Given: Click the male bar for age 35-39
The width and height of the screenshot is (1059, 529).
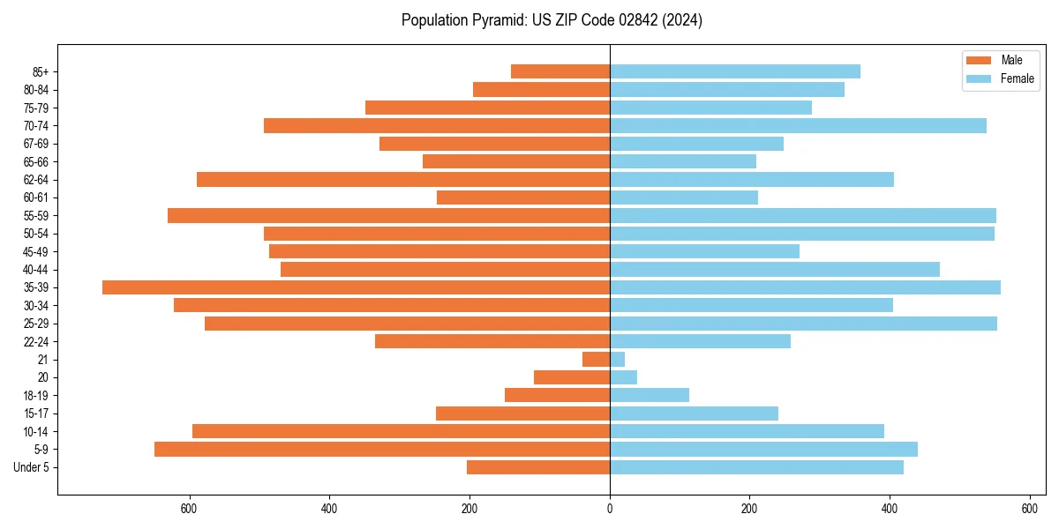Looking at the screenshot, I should coord(356,287).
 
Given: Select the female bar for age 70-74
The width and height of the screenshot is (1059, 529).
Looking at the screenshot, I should coord(798,125).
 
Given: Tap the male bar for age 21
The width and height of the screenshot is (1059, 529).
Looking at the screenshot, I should coord(596,359).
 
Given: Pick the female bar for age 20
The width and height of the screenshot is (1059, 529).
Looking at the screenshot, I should coord(623,377).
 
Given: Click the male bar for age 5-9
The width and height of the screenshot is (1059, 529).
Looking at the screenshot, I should coord(382,449).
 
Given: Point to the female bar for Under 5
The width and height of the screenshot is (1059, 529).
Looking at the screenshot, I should coord(756,467).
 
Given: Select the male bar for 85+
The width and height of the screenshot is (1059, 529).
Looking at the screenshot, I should coord(560,71).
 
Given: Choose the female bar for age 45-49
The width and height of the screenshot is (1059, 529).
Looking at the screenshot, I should coord(704,251).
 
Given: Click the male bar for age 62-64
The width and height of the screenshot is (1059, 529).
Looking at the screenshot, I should coord(403,179).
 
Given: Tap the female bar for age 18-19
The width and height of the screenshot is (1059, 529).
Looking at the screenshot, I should coord(650,395).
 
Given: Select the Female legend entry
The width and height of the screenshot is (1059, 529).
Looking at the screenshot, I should coord(1001,78).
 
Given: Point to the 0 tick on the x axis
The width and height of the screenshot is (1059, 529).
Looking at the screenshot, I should coord(610,508).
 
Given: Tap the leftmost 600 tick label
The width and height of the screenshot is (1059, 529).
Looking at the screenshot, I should coord(189,508).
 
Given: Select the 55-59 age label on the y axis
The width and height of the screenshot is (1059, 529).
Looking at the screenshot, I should coord(36,215).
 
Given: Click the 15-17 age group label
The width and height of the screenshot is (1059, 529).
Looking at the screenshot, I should coord(36,414).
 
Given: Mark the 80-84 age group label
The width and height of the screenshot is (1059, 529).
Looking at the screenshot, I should coord(36,89).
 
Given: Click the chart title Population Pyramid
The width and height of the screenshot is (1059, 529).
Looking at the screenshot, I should coord(552,20).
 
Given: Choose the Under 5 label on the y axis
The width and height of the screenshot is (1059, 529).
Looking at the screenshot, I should coord(31,467).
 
